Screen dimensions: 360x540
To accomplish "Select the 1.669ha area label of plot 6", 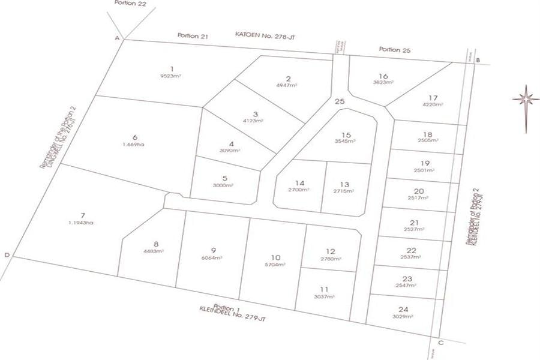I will coord(135,144).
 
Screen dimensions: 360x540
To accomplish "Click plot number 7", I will coord(83,215).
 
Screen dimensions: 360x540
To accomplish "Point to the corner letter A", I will coord(118,38).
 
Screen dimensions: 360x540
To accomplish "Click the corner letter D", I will coord(7,256).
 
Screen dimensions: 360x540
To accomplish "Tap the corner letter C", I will coord(440,343).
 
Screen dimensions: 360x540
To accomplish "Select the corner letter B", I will coord(478,60).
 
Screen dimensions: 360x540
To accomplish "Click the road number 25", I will coord(340,102).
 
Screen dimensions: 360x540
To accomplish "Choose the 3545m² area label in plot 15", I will coord(344,142).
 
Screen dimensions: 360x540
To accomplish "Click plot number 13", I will coord(344,184).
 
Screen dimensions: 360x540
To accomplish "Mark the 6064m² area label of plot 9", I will coord(214,257).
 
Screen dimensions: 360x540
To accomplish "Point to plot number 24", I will coord(403,310).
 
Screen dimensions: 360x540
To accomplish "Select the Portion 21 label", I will coord(193,37).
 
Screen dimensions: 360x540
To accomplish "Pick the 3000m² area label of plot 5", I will coord(224,185).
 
